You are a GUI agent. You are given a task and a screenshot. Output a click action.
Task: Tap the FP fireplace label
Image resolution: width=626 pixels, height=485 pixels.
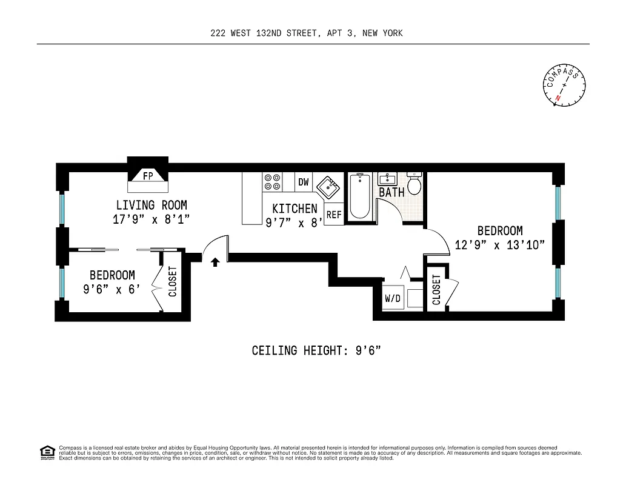point(147,176)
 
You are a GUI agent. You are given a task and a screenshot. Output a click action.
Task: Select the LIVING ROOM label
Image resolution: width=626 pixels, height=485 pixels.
point(152,205)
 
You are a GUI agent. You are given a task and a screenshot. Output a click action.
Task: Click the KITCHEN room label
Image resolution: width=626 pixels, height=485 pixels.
point(295,209)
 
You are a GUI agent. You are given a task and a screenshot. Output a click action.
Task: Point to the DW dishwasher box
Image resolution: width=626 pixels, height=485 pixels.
point(304,182)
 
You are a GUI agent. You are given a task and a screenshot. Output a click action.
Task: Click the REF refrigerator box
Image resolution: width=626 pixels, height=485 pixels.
point(334,215)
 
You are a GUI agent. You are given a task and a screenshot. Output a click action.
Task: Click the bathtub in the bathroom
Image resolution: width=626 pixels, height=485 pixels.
point(360,196)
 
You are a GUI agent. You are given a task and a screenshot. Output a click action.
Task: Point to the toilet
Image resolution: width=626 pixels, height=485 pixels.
point(415,184)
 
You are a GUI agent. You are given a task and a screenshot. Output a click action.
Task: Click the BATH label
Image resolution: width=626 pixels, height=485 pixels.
point(391,193)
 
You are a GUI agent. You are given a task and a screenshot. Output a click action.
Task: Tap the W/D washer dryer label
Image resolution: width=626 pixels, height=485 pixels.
point(393,299)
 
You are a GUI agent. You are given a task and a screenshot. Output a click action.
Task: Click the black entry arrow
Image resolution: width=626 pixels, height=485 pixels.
point(215,262)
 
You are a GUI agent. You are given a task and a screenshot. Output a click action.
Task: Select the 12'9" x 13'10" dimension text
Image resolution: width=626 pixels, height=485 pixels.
point(500,245)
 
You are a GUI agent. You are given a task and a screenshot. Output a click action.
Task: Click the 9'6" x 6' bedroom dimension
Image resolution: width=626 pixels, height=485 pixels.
point(112,289)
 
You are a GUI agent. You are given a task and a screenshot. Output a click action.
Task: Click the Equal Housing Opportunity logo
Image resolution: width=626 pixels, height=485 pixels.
point(47,452)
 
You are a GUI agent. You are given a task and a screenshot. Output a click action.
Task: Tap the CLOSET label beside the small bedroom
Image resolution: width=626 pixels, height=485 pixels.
point(173,282)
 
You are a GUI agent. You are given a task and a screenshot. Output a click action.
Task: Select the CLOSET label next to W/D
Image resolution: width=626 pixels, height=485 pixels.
point(436,289)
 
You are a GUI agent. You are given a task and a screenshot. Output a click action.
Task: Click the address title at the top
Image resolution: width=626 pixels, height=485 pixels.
point(306,33)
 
